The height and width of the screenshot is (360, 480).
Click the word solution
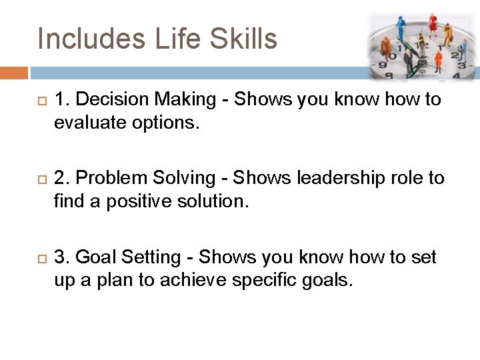coord(215,201)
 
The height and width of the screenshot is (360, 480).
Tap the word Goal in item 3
coord(93,257)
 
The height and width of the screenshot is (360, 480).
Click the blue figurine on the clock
coord(401,27)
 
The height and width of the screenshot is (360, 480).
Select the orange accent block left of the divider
coord(14,72)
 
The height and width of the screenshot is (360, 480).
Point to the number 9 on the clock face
coord(382,65)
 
